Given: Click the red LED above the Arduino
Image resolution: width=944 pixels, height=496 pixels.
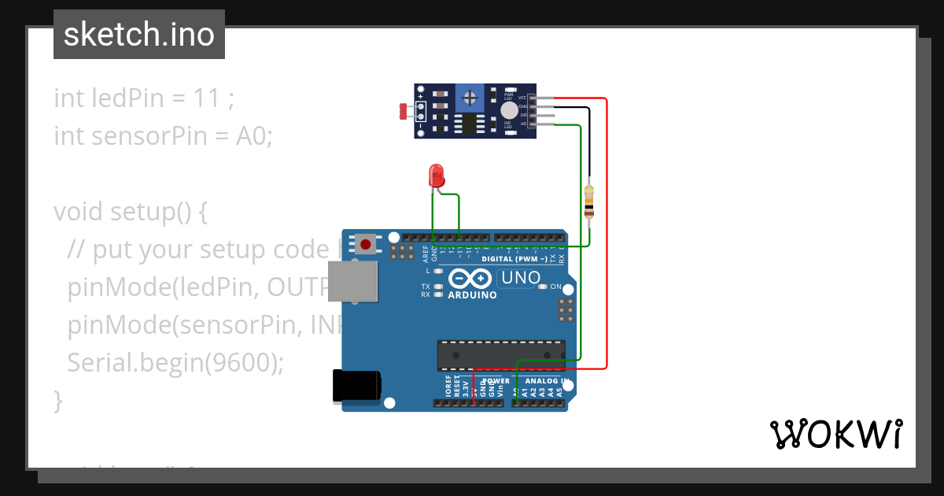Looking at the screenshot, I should pyautogui.click(x=436, y=175).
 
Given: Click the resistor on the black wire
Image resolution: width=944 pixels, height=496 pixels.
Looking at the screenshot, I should pyautogui.click(x=589, y=202).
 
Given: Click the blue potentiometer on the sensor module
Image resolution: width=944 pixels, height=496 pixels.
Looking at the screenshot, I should pyautogui.click(x=470, y=98).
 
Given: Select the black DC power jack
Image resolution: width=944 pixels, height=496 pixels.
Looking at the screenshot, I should pyautogui.click(x=356, y=385).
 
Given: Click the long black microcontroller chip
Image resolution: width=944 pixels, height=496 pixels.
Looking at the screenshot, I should pyautogui.click(x=501, y=355).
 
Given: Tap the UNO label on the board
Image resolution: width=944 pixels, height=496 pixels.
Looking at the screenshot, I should pyautogui.click(x=521, y=278).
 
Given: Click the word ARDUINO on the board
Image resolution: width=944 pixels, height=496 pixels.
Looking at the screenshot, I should pyautogui.click(x=472, y=295).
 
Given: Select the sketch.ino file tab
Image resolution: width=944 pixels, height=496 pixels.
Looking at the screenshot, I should pyautogui.click(x=139, y=35).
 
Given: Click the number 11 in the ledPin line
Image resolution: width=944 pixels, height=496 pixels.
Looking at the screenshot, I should pyautogui.click(x=205, y=99).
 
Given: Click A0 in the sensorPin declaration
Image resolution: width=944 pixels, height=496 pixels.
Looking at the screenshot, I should pyautogui.click(x=253, y=136).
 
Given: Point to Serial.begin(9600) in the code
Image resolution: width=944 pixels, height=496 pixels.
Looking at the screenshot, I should pyautogui.click(x=175, y=362).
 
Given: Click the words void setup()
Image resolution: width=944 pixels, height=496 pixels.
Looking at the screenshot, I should pyautogui.click(x=130, y=212).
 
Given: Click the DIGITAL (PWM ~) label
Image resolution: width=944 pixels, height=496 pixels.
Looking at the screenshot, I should pyautogui.click(x=519, y=258).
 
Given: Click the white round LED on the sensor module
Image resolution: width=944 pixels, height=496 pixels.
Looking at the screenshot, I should pyautogui.click(x=510, y=110).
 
